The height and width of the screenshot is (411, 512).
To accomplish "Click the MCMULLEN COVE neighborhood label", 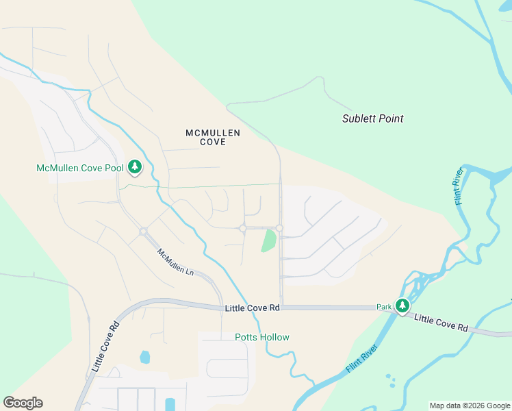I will pos(213,137).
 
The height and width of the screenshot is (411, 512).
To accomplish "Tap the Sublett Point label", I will pos(372,119).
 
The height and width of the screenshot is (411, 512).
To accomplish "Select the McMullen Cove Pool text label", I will pos(80,168).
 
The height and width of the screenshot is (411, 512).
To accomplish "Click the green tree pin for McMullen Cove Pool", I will pos(135,166).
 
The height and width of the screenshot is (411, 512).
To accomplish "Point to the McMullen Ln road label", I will pos(176,262).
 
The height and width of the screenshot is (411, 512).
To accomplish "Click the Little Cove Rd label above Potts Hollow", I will pos(253,308).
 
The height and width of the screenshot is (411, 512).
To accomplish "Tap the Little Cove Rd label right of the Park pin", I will pos(441,323).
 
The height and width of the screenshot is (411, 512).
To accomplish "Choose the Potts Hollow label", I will pos(262,337).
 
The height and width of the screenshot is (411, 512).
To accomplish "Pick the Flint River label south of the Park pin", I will pos(363,359).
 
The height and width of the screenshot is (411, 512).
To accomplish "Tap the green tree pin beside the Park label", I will pos(403,306).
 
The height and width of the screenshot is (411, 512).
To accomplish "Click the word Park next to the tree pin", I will pos(383,308).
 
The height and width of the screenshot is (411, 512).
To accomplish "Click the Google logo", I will pos(23,403).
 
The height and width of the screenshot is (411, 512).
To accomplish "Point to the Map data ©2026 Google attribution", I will pos(470,406).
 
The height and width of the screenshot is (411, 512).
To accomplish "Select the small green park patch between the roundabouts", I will pos(268,240).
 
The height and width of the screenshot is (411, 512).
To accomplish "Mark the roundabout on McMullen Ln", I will pos(144,232).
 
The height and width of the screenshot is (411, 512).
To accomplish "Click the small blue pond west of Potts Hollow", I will pos(144,357).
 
